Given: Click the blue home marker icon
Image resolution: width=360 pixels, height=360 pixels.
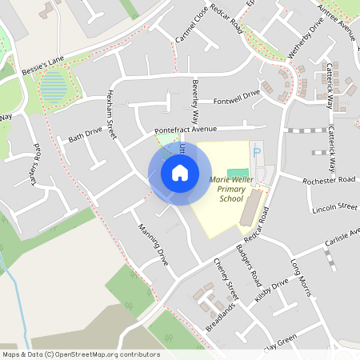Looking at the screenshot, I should point(180,172).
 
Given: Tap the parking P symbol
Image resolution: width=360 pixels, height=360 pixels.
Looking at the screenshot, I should point(256,151).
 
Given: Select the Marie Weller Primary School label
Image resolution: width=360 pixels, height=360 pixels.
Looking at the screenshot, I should point(231,189).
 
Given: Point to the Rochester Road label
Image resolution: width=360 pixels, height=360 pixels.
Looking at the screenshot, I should point(329,181).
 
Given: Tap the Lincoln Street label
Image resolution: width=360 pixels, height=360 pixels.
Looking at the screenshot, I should point(336,206).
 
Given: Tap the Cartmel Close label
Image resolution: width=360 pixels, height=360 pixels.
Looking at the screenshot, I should point(186,30).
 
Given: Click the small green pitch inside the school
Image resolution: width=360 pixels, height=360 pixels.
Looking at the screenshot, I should point(237,174).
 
